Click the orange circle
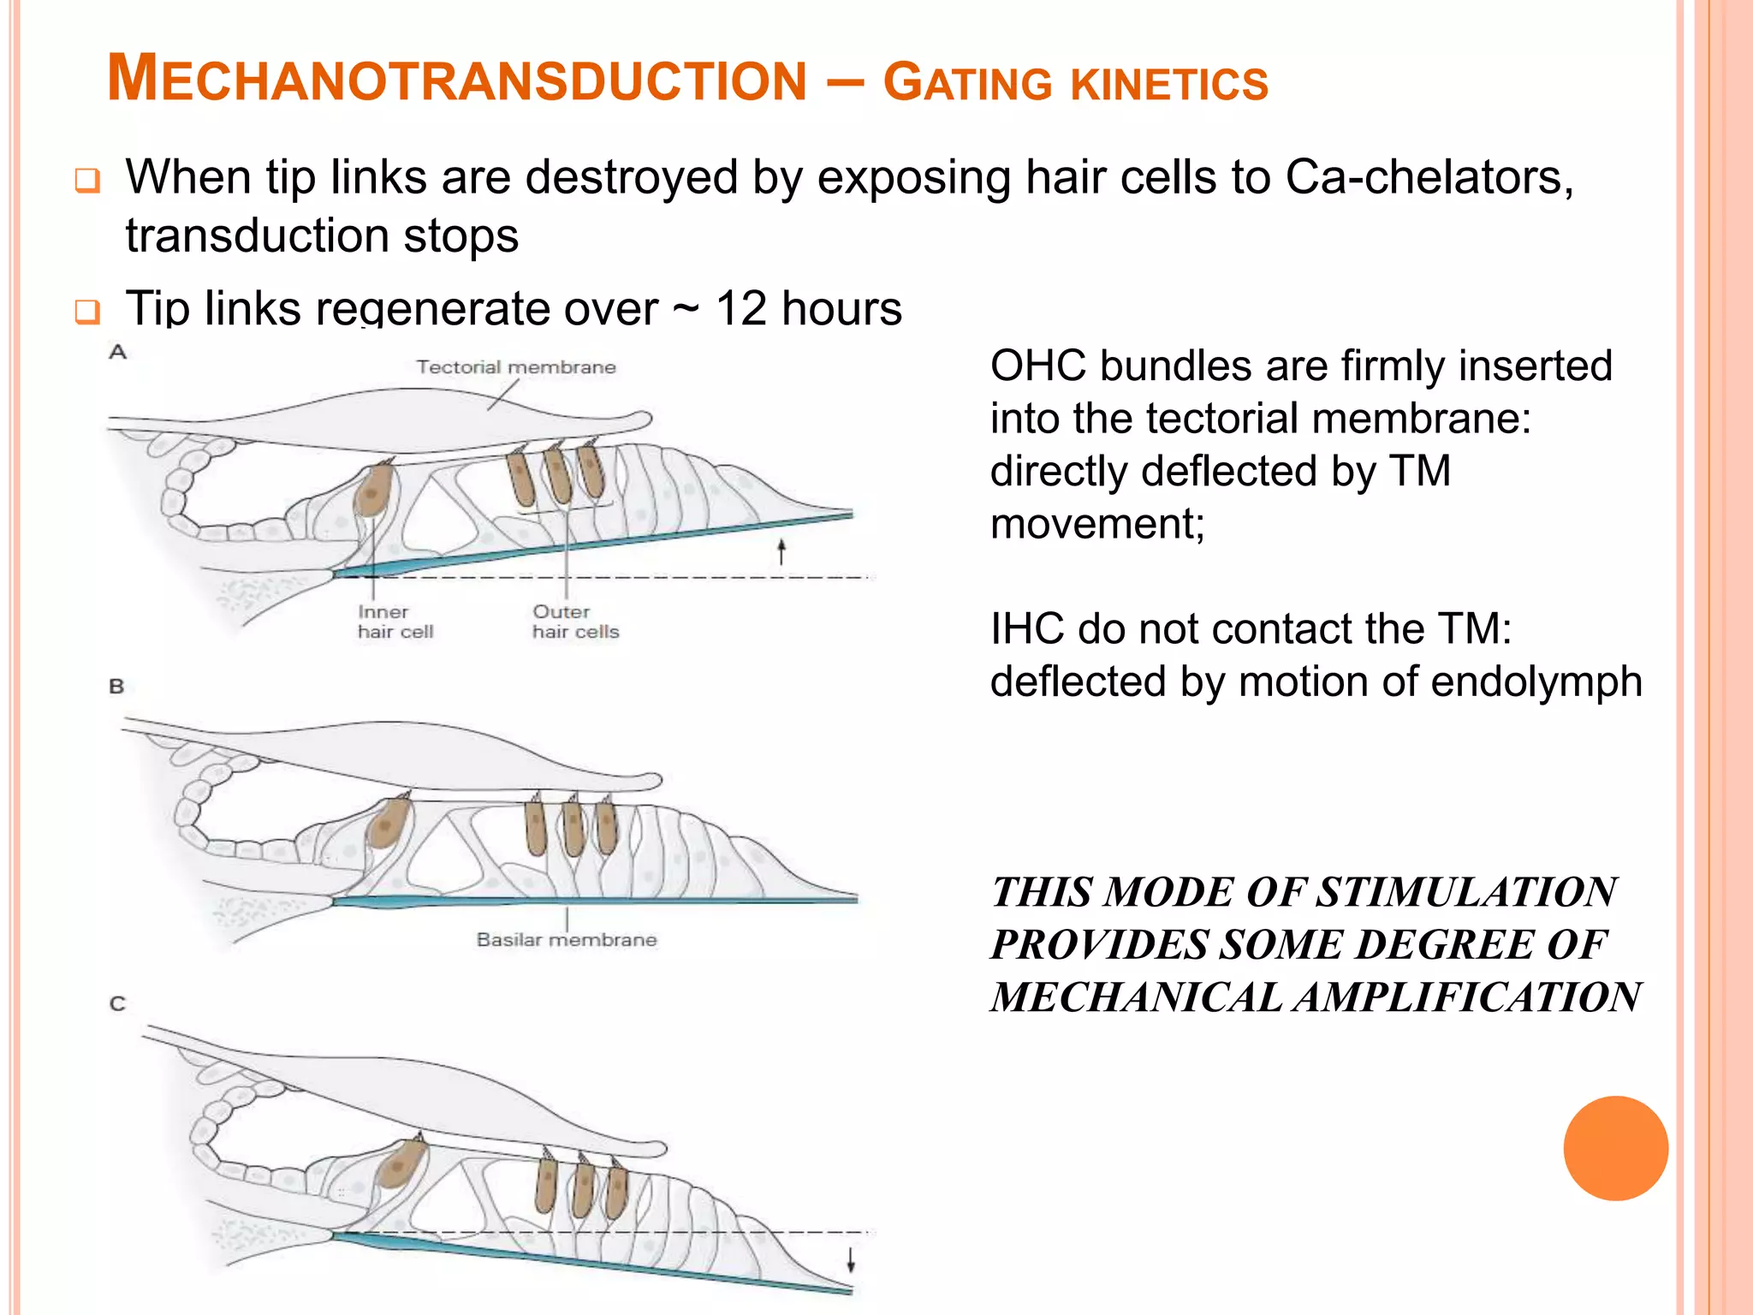click(1615, 1148)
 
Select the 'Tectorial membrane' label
click(516, 367)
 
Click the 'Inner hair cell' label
click(395, 622)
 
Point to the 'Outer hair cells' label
click(575, 622)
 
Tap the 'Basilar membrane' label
click(567, 939)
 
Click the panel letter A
click(118, 352)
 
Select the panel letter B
click(117, 686)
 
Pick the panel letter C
click(118, 1003)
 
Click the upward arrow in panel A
click(781, 551)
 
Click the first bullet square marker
click(87, 181)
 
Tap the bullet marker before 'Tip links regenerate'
click(87, 312)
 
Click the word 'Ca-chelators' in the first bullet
click(1429, 178)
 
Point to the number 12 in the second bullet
click(740, 308)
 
